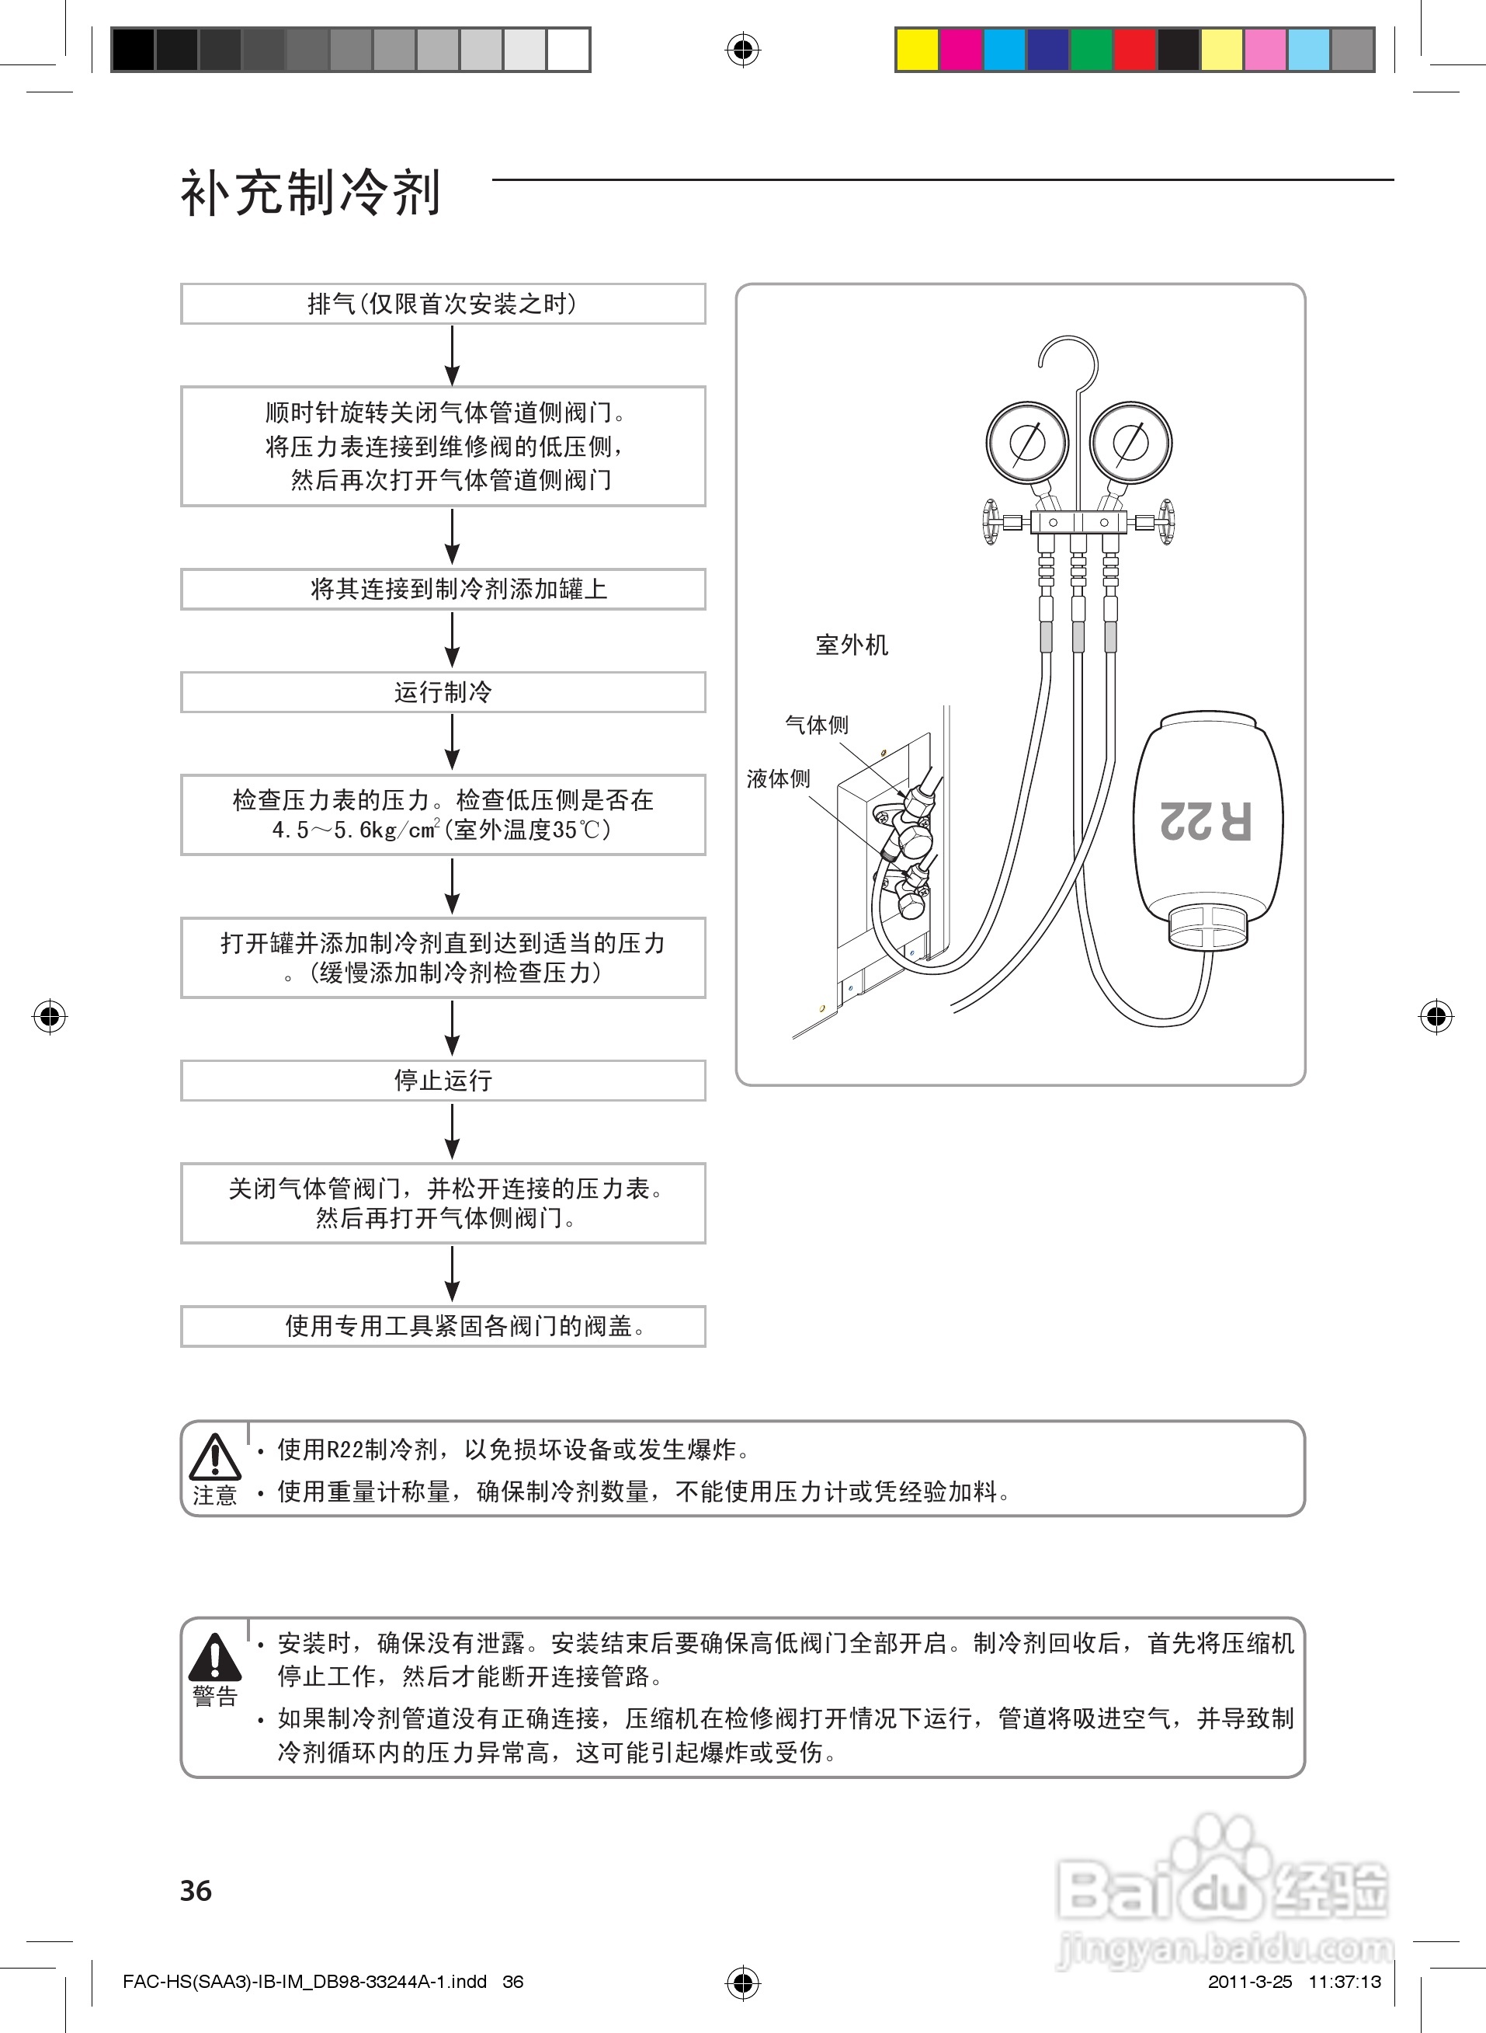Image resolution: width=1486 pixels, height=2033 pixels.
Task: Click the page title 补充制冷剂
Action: click(x=311, y=193)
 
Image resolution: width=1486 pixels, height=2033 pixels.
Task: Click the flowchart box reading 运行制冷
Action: click(x=443, y=692)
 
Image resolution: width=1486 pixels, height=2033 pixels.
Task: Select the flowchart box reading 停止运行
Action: click(x=443, y=1080)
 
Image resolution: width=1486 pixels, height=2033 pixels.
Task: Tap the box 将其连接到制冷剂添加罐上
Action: click(x=443, y=590)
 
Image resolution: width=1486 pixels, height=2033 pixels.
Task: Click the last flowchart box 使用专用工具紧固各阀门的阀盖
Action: click(x=443, y=1325)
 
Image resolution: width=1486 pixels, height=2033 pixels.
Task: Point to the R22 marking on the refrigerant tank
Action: click(x=1207, y=820)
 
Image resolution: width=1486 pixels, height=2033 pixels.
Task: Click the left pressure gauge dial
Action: click(x=1026, y=443)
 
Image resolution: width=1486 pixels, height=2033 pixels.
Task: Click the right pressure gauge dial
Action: click(x=1130, y=443)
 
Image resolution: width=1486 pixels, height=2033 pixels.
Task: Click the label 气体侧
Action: click(x=816, y=725)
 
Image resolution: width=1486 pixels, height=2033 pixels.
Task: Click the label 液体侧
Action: click(x=778, y=778)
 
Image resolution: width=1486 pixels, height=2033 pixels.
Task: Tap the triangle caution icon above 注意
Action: click(x=215, y=1457)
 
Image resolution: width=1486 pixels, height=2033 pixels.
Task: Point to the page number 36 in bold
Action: click(x=196, y=1890)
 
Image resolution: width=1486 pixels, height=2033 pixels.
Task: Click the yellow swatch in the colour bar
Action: click(x=917, y=50)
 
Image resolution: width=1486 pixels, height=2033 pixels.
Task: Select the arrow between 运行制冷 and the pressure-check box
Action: click(x=453, y=743)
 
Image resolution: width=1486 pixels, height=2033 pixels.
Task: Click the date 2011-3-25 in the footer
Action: click(x=1249, y=1981)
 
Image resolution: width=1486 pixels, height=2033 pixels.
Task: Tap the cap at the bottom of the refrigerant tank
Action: click(x=1208, y=928)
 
